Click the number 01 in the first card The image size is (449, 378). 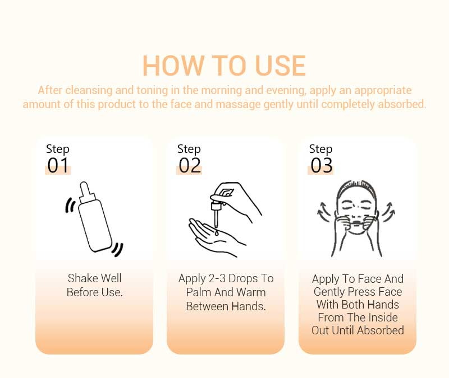58,166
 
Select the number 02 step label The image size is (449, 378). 190,166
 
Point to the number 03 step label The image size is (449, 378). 322,166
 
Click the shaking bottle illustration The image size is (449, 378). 95,217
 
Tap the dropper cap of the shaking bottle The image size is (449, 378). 85,190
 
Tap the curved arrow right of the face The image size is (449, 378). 388,213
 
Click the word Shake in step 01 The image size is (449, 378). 83,278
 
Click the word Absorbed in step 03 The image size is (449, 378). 379,330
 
